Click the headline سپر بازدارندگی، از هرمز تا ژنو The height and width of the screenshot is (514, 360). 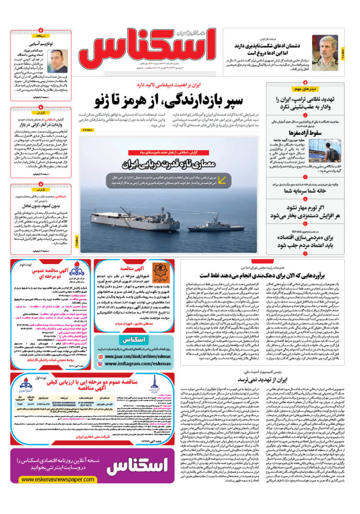[x=170, y=100]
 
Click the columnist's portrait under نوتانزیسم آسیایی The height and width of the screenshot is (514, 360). [x=57, y=61]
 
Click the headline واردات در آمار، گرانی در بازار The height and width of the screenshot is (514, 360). [x=41, y=125]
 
